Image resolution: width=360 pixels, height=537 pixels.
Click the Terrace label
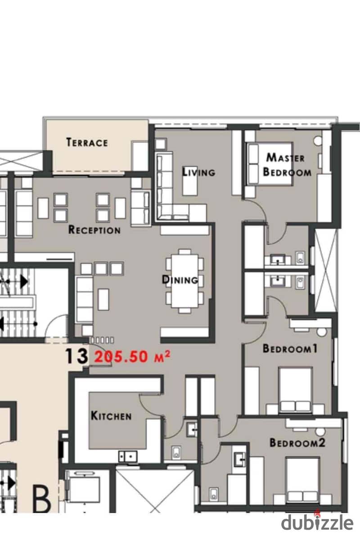coord(87,142)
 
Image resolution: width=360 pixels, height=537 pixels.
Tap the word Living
coord(198,171)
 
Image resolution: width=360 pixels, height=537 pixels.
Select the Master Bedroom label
coord(287,165)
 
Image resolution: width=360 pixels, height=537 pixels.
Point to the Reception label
coord(94,229)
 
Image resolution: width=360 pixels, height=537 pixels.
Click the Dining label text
coord(180,279)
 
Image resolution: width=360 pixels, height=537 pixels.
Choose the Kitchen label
coord(111,416)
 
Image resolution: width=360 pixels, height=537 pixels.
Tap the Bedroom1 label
coord(290,348)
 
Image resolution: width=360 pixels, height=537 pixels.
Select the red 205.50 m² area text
coord(132,357)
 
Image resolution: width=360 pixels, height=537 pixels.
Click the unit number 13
coord(76,356)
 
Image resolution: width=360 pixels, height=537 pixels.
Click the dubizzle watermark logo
coord(317,522)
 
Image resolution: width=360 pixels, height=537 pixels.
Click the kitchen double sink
coord(128,456)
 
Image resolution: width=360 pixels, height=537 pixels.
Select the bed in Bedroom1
coord(295,390)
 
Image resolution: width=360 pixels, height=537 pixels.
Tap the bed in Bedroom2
coord(303,479)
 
